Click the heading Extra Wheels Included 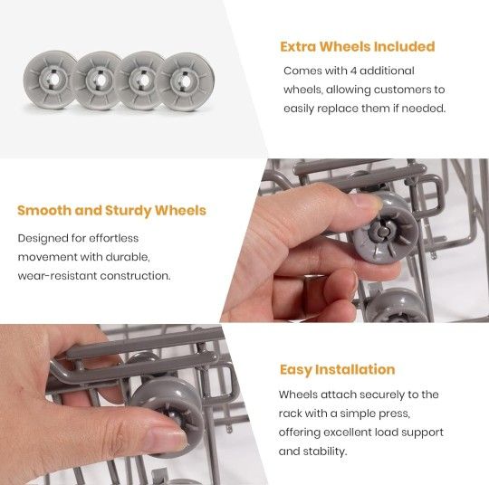pyautogui.click(x=357, y=47)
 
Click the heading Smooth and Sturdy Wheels pyautogui.click(x=111, y=211)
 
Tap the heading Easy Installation pyautogui.click(x=337, y=369)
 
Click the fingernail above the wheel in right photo pyautogui.click(x=368, y=204)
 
